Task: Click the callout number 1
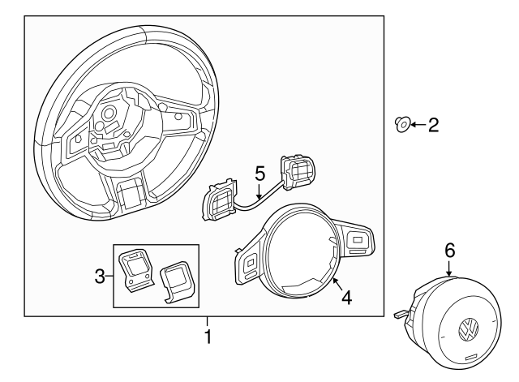[208, 337]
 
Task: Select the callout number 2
[434, 126]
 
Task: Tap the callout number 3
[100, 276]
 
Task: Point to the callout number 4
[347, 298]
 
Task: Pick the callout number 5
[260, 174]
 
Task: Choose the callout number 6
[449, 251]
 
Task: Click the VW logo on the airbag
[469, 329]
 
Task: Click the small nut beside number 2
[403, 124]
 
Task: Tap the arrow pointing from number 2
[418, 125]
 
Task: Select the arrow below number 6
[449, 268]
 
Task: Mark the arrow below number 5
[259, 191]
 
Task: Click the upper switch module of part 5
[297, 171]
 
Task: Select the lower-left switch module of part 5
[219, 200]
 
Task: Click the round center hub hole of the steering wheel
[108, 114]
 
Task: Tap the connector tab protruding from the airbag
[400, 315]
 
